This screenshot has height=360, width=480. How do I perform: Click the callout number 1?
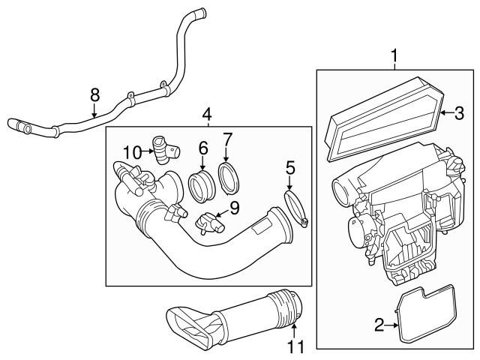pos(392,55)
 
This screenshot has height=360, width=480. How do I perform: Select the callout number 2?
pos(379,324)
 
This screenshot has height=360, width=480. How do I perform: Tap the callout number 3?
pos(459,112)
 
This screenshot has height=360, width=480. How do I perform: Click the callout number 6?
pos(202,149)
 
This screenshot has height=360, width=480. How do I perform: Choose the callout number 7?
pos(229,139)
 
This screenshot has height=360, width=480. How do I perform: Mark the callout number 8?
pos(94,94)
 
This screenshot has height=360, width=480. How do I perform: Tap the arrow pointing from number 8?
pos(94,112)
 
